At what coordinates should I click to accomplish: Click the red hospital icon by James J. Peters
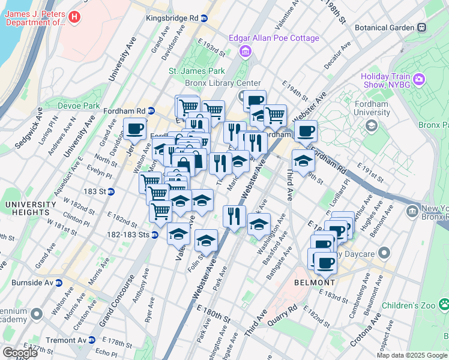[x=74, y=18]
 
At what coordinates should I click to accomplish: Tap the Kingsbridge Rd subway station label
[x=172, y=18]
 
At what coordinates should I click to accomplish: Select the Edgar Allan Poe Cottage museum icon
[x=245, y=52]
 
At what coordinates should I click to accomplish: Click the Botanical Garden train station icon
[x=423, y=27]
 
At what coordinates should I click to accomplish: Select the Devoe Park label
[x=78, y=106]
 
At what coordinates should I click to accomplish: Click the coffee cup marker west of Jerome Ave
[x=135, y=128]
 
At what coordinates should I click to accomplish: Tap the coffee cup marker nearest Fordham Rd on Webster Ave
[x=305, y=130]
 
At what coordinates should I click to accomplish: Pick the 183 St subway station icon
[x=112, y=191]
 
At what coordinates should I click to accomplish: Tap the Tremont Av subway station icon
[x=92, y=340]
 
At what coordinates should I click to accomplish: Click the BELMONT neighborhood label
[x=315, y=283]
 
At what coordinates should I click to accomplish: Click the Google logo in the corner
[x=20, y=352]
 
